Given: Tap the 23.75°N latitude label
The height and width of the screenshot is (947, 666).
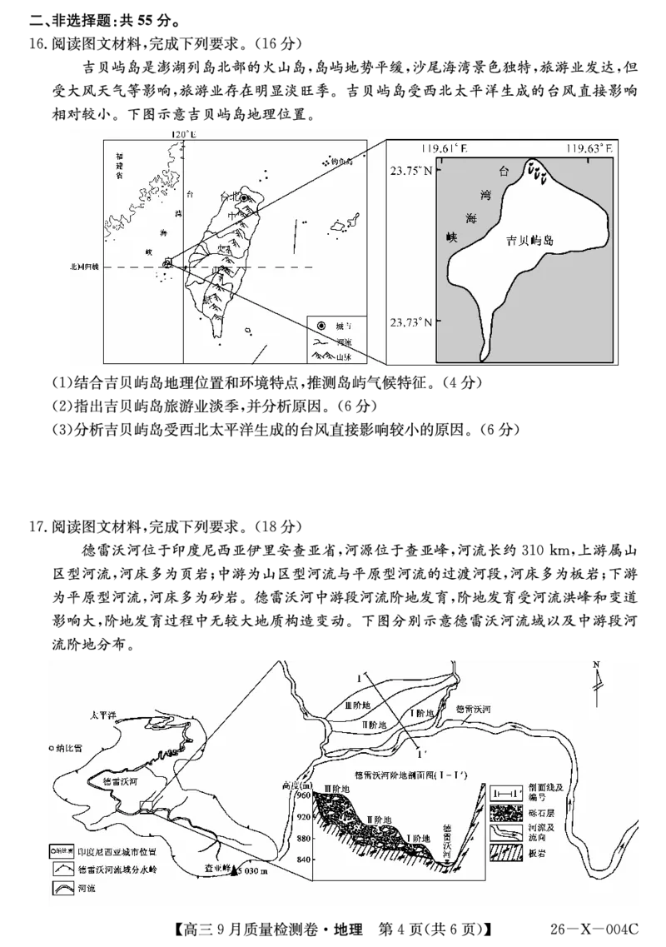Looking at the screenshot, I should (x=413, y=170).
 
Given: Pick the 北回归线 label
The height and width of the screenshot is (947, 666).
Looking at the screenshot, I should (x=83, y=267).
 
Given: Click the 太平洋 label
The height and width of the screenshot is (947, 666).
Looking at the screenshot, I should (x=108, y=715).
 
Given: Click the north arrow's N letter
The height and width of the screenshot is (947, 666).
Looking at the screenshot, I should (x=595, y=665).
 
